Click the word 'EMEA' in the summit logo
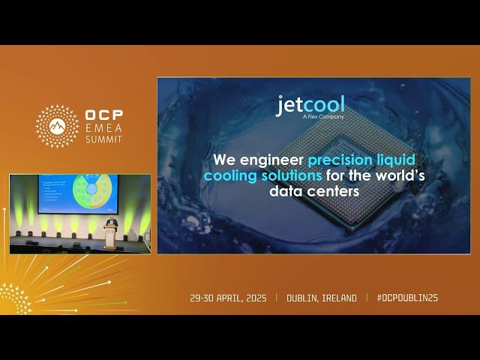pos(103,129)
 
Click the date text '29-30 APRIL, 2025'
pos(228,298)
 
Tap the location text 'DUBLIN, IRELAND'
pos(322,298)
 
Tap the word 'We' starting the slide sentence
pos(221,160)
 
